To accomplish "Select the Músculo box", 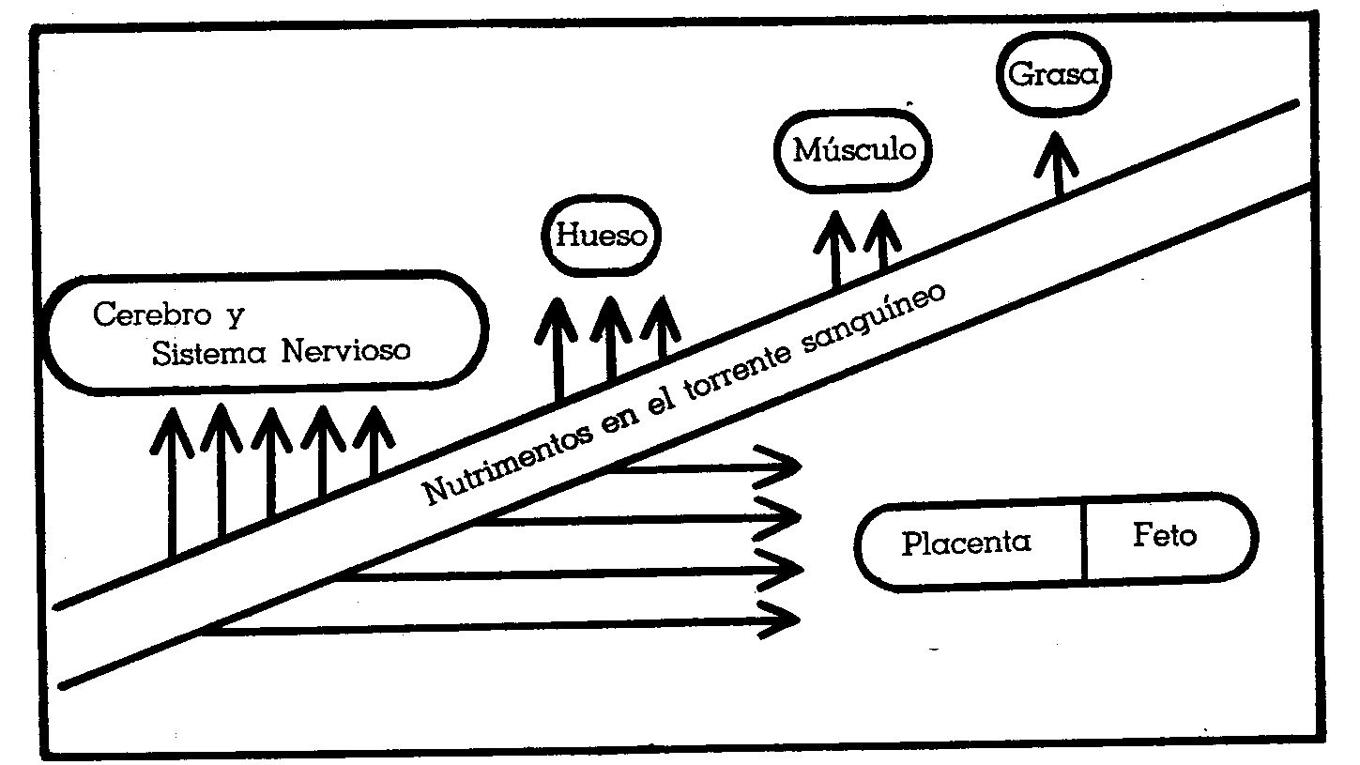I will tap(855, 150).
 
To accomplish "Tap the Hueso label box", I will tap(601, 236).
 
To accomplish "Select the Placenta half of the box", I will tap(967, 543).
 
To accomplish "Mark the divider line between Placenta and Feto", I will tap(1085, 542).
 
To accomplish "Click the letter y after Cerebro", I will tap(235, 315).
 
